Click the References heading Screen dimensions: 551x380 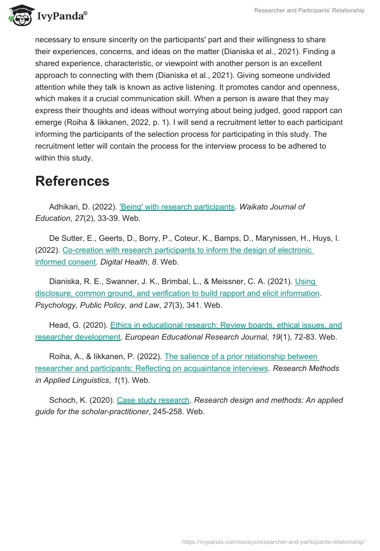[72, 181]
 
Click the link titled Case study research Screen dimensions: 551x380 [153, 400]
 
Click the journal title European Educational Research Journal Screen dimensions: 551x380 [199, 337]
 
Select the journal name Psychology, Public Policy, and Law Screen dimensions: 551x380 [97, 305]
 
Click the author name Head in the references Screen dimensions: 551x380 [59, 325]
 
